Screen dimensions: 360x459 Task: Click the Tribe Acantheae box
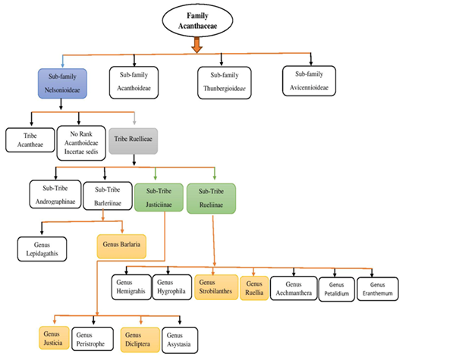click(29, 140)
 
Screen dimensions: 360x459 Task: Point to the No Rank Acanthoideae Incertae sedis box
click(81, 140)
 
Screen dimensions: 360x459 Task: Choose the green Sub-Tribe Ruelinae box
click(212, 197)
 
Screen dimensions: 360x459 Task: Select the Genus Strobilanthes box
click(215, 286)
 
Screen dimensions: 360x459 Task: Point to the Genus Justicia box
click(53, 339)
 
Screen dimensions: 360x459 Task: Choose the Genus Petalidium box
click(342, 286)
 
